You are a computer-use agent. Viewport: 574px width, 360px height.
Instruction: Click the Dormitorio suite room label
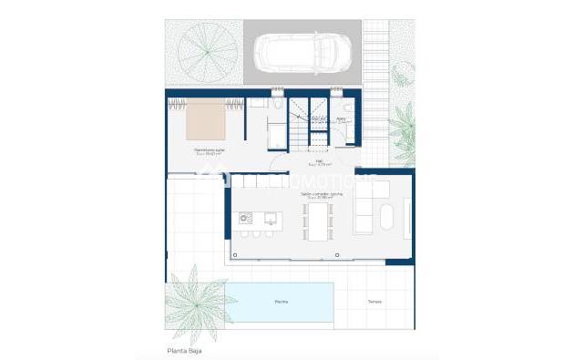(210, 150)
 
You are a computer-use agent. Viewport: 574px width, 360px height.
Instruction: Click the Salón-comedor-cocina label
(320, 193)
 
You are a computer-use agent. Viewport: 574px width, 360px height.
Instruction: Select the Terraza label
(374, 302)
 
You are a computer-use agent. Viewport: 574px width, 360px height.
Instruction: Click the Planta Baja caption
(184, 350)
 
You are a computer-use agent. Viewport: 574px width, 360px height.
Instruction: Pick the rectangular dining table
(318, 221)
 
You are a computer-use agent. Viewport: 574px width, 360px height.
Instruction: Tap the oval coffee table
(385, 219)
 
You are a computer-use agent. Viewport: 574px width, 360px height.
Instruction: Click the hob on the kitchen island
(244, 218)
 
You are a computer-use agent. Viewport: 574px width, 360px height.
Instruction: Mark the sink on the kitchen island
(271, 219)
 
